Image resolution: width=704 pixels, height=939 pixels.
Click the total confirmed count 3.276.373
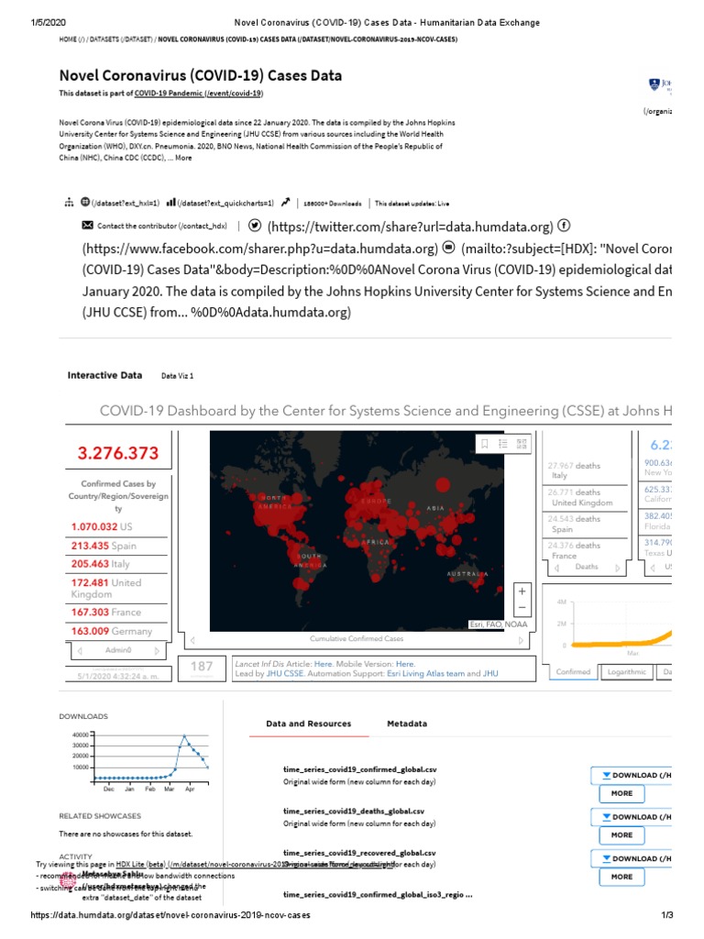117,453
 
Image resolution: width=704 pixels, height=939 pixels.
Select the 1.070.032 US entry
102,526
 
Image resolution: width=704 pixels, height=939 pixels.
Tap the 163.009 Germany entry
110,631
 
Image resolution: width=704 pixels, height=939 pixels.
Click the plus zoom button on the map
522,591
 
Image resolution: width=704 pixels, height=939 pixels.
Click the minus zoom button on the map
522,607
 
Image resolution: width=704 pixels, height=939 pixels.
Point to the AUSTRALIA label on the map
467,573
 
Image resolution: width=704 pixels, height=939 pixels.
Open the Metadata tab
406,724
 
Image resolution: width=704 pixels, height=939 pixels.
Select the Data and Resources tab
308,724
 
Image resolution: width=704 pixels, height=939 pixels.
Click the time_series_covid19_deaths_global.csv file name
354,811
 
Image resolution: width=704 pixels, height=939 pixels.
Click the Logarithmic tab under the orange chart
627,671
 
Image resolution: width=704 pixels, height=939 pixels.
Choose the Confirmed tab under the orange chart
573,671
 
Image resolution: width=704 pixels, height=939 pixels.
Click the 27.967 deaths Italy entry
574,470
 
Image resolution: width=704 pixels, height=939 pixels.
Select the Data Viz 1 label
178,376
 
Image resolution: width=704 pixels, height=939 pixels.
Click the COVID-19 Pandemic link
198,94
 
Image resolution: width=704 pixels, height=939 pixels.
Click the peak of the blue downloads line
184,735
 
